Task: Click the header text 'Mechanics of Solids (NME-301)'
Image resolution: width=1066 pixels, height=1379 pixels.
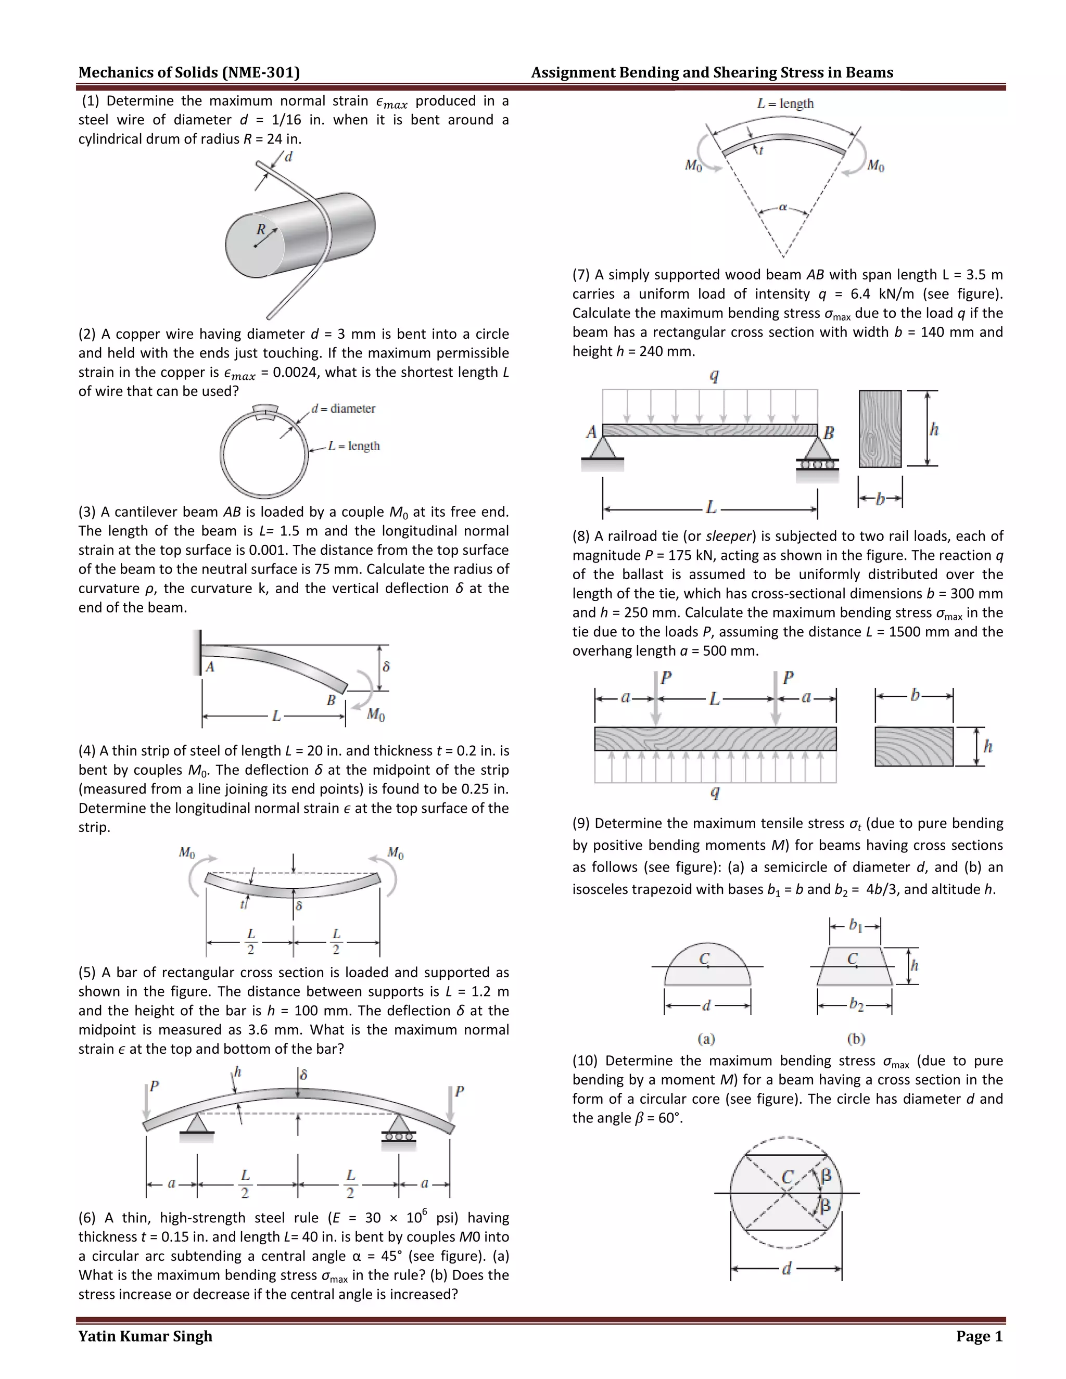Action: pyautogui.click(x=189, y=73)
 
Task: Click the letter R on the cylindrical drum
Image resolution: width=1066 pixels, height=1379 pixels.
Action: pyautogui.click(x=261, y=229)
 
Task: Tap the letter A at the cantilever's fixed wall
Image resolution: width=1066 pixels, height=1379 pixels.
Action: pyautogui.click(x=210, y=667)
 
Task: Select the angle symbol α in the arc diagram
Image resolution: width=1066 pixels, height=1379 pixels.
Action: pyautogui.click(x=783, y=207)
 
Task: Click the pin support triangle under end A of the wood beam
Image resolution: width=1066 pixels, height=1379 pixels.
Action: pyautogui.click(x=603, y=448)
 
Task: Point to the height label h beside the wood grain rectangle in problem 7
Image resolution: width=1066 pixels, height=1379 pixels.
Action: pyautogui.click(x=934, y=429)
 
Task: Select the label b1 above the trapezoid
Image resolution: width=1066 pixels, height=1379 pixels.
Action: pyautogui.click(x=855, y=926)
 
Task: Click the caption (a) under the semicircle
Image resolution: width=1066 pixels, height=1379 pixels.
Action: pyautogui.click(x=706, y=1038)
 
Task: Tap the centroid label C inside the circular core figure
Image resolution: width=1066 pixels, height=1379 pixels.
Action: pyautogui.click(x=787, y=1177)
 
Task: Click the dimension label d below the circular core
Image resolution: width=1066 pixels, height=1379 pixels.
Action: pyautogui.click(x=786, y=1269)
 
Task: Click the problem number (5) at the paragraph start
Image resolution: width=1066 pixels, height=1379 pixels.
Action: pyautogui.click(x=87, y=973)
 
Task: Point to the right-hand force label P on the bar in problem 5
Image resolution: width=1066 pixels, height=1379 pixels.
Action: pyautogui.click(x=459, y=1091)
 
